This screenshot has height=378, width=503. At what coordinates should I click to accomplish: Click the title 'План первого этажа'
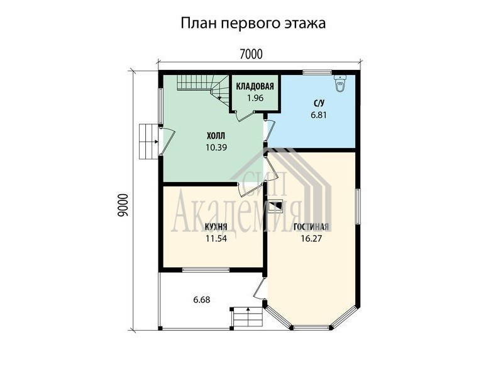(x=253, y=23)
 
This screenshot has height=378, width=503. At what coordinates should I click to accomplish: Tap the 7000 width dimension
(x=251, y=54)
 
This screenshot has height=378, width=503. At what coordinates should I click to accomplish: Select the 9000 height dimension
(x=123, y=205)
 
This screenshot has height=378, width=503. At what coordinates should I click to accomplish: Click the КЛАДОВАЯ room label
(x=255, y=86)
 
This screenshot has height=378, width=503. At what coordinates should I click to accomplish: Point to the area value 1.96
(x=255, y=98)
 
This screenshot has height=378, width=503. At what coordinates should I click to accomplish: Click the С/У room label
(x=319, y=103)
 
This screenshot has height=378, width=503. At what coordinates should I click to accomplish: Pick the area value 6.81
(x=319, y=115)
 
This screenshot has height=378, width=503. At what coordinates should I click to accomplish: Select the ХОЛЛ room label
(x=216, y=135)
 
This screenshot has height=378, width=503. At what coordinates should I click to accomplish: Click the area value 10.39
(x=216, y=147)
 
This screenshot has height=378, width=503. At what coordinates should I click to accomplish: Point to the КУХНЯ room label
(x=216, y=227)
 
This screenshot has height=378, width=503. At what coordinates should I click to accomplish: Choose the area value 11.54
(x=216, y=239)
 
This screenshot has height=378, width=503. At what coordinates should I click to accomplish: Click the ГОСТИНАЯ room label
(x=311, y=227)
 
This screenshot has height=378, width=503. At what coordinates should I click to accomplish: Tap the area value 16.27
(x=311, y=239)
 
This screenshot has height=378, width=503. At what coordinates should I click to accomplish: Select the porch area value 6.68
(x=202, y=300)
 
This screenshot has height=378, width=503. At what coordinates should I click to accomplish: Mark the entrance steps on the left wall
(x=149, y=141)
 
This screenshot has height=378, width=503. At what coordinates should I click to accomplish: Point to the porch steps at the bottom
(x=248, y=318)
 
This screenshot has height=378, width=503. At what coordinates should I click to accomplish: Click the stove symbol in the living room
(x=275, y=207)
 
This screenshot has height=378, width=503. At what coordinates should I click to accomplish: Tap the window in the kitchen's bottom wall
(x=206, y=270)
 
